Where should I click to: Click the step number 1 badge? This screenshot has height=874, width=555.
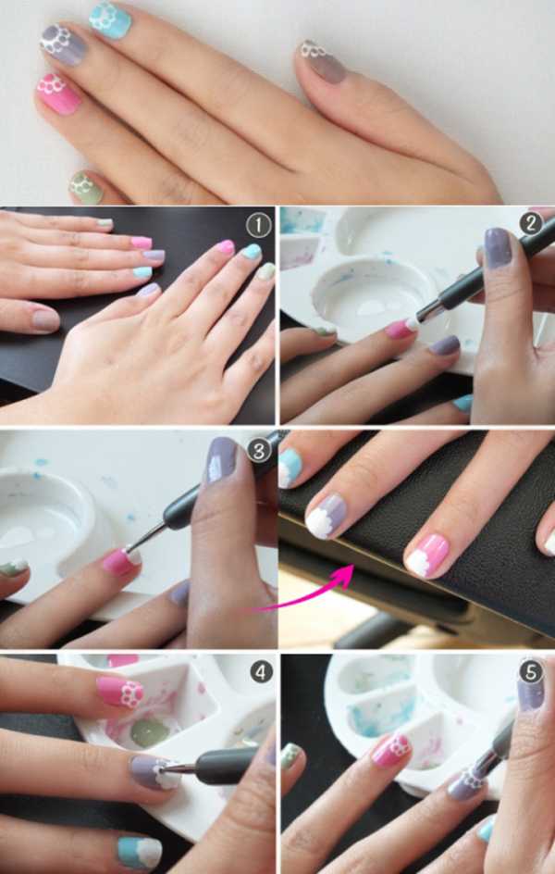pyautogui.click(x=259, y=226)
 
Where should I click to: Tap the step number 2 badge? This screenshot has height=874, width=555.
pyautogui.click(x=531, y=223)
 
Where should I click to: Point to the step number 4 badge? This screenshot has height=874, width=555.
pyautogui.click(x=261, y=673)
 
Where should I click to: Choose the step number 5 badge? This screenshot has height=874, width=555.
pyautogui.click(x=531, y=672)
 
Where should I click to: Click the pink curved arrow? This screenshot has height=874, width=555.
pyautogui.click(x=312, y=593)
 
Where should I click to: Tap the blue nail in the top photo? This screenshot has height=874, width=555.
pyautogui.click(x=110, y=20)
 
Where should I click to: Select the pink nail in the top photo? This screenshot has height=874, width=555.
pyautogui.click(x=58, y=94)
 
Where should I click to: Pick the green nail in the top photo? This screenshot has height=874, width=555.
pyautogui.click(x=86, y=187)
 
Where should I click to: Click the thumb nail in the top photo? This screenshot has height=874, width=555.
pyautogui.click(x=323, y=62)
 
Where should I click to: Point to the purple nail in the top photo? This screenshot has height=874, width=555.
pyautogui.click(x=64, y=45)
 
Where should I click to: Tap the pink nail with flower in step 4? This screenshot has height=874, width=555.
pyautogui.click(x=119, y=692)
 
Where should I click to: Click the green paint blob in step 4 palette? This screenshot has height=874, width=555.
pyautogui.click(x=149, y=733)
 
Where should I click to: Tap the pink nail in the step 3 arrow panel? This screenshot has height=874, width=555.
pyautogui.click(x=425, y=556)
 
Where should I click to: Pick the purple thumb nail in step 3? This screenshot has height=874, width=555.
pyautogui.click(x=222, y=460)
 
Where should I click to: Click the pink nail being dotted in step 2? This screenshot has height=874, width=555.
pyautogui.click(x=400, y=329)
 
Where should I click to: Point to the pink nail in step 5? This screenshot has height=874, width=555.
pyautogui.click(x=391, y=750)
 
